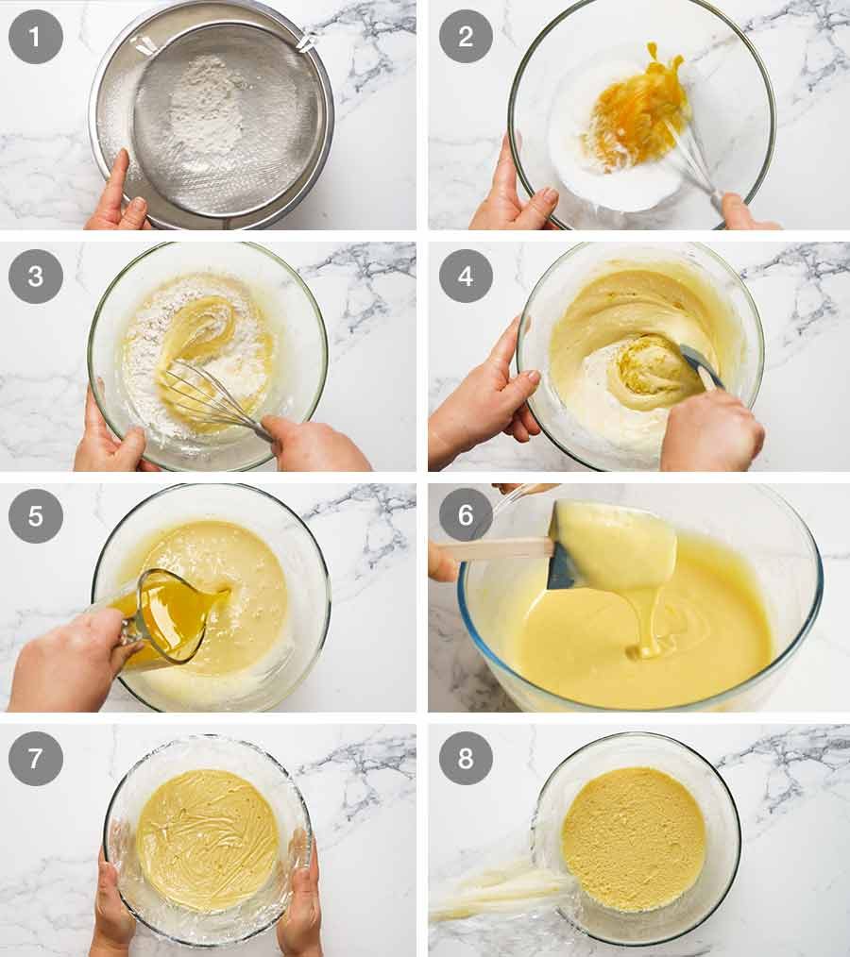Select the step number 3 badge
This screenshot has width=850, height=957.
pos(36,276)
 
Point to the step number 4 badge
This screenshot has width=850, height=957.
pos(466,276)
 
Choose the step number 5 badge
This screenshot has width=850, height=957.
pos(36,516)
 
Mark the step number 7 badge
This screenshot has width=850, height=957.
pos(36,758)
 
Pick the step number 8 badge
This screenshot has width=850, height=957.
pos(466,758)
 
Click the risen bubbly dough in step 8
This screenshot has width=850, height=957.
pos(633,838)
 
